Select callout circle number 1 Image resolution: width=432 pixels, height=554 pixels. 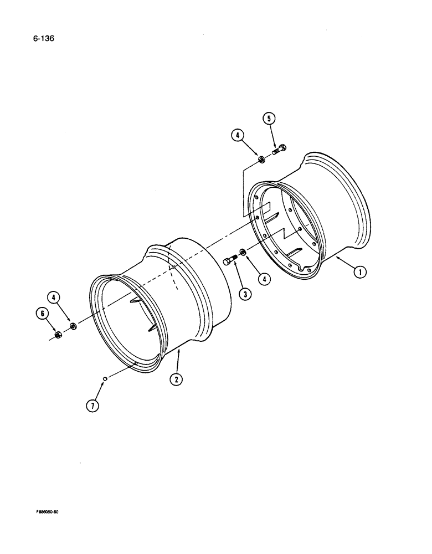click(361, 271)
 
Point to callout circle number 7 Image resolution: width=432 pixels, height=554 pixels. click(92, 406)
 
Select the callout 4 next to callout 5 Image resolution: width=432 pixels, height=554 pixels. click(238, 136)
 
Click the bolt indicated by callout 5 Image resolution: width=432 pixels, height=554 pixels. click(279, 150)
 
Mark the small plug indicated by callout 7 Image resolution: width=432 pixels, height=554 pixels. click(104, 379)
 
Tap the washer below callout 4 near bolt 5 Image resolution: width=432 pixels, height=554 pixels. click(260, 161)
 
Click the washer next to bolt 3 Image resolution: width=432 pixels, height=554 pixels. click(244, 254)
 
